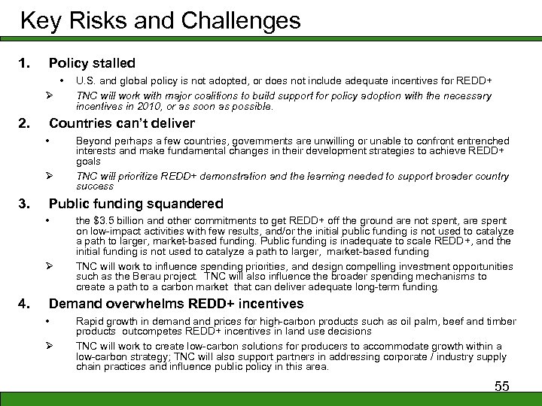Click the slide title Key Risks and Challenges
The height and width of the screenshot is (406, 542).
[160, 20]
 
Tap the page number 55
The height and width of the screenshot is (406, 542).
[501, 386]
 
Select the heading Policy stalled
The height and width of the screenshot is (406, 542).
[92, 63]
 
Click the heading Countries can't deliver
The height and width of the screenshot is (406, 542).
[122, 123]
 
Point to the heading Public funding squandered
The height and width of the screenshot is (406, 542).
[136, 204]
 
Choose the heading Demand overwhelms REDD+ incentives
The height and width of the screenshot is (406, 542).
[176, 304]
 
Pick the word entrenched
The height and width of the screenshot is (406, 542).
[483, 141]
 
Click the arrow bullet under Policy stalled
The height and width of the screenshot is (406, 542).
[47, 95]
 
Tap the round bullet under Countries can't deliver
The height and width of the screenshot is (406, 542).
[47, 141]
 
